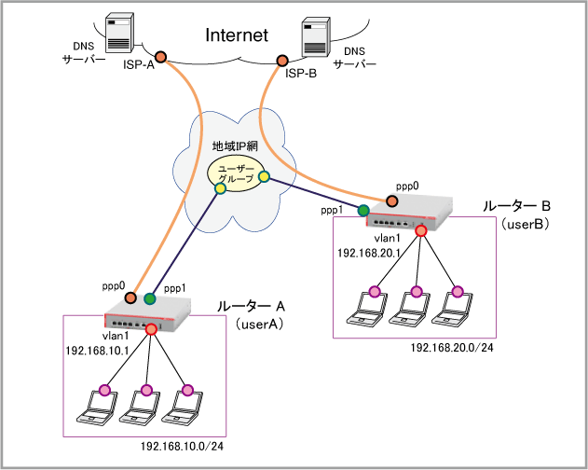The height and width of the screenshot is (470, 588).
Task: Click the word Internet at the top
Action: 236,35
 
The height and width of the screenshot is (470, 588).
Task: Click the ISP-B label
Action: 301,73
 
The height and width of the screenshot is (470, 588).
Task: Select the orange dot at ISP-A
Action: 160,58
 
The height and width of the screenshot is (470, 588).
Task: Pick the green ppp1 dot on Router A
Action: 149,299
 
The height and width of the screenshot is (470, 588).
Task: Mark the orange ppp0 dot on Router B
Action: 393,200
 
